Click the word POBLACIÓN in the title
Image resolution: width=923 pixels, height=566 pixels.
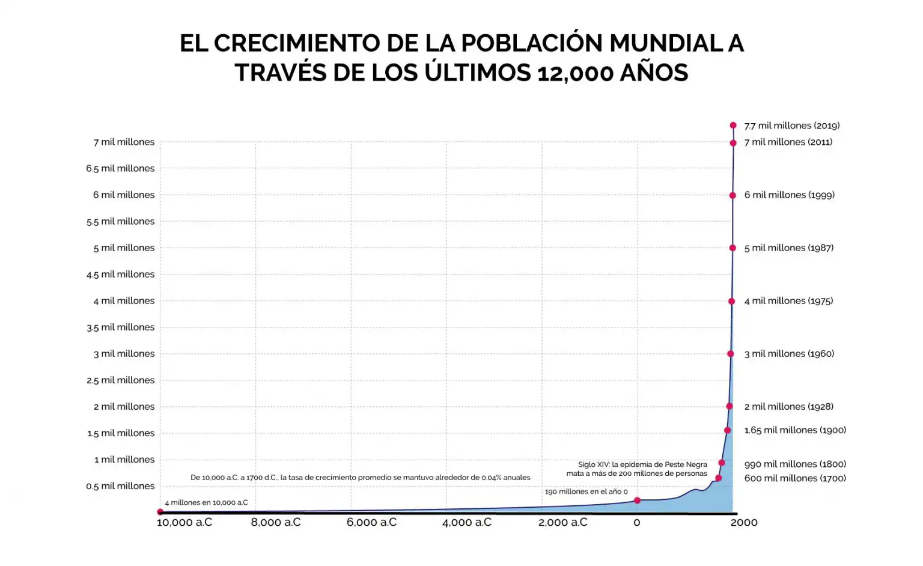532,43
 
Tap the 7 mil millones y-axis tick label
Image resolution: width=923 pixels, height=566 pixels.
124,142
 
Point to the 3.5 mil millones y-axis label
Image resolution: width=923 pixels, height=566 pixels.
120,327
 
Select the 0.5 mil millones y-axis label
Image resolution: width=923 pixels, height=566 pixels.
120,486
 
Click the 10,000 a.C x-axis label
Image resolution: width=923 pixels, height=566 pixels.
184,523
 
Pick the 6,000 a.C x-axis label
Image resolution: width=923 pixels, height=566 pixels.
371,523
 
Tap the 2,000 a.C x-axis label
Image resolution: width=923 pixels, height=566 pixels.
562,523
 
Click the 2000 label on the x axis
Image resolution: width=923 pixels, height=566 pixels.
744,523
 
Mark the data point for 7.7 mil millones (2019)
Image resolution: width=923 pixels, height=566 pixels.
733,126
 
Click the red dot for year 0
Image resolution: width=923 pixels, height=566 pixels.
637,501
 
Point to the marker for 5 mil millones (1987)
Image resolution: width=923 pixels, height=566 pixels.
733,248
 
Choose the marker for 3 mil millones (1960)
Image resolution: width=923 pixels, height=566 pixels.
731,354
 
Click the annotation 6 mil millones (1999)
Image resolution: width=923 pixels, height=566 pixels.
789,195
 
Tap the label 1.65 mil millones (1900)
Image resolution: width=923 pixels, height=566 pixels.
794,430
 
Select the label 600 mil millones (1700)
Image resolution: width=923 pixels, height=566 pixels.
794,478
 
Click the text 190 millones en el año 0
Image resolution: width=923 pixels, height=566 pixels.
586,491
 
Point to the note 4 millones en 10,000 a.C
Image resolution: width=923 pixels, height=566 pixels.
206,503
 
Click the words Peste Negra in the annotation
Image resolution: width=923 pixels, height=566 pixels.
686,464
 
